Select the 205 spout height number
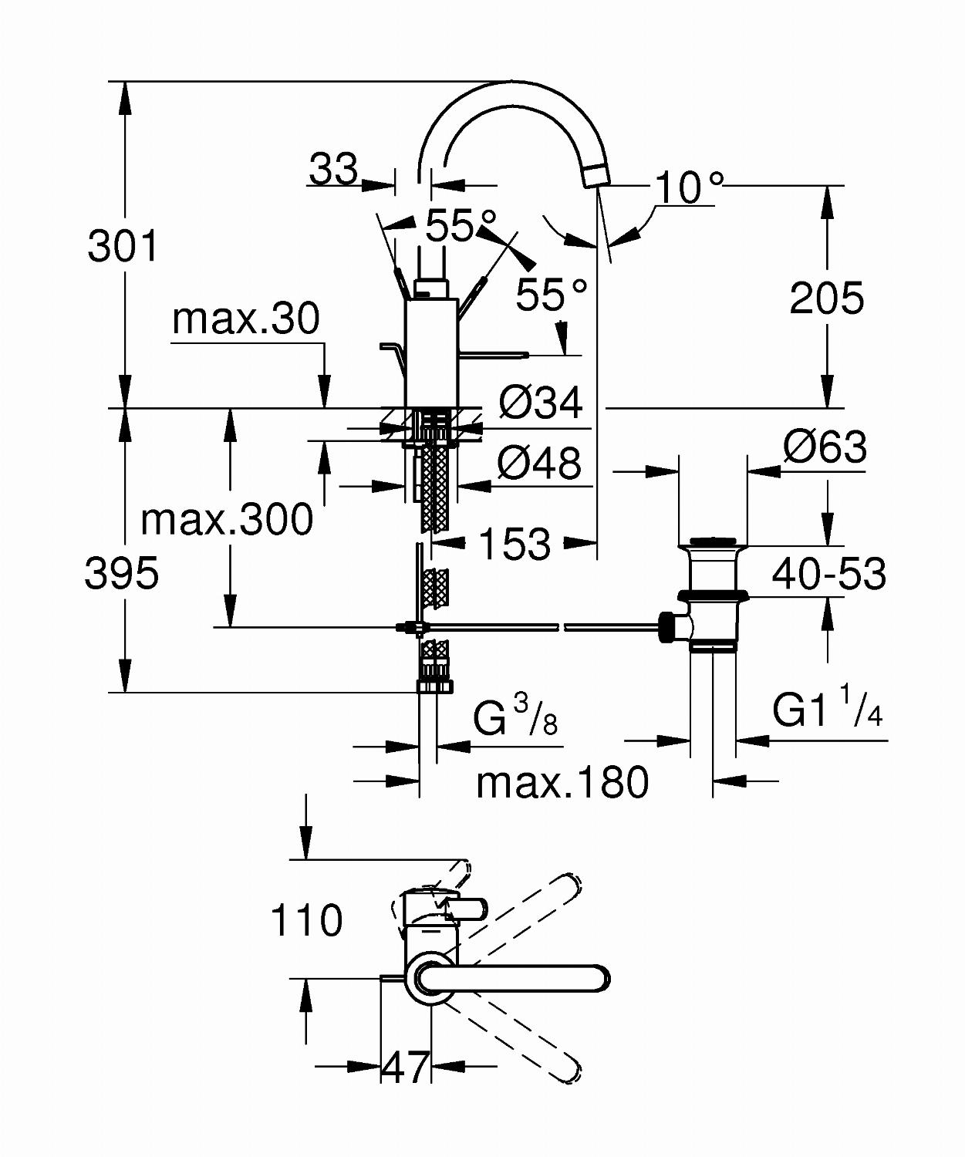826,298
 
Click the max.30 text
246,319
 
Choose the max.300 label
227,519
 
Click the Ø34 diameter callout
541,403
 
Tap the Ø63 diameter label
825,447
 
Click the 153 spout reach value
515,544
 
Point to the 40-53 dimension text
828,574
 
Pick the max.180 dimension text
562,782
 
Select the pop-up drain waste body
711,595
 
